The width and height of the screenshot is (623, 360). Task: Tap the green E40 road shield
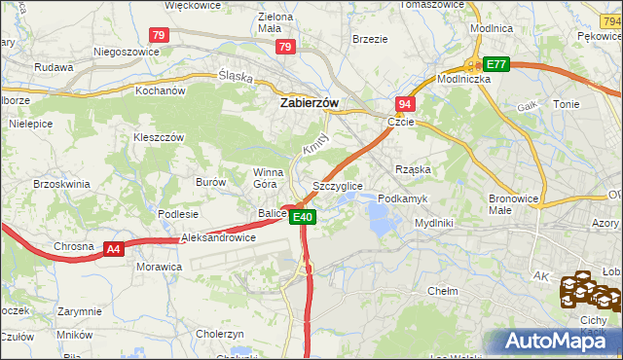(x=303, y=217)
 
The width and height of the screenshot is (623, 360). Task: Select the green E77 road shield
(x=497, y=64)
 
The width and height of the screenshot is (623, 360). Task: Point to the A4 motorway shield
(x=114, y=249)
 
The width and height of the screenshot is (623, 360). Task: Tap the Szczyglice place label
(x=338, y=185)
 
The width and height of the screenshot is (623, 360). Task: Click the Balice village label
(x=272, y=213)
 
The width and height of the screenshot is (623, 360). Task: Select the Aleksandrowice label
(x=219, y=237)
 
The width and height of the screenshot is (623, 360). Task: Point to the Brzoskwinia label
(x=61, y=183)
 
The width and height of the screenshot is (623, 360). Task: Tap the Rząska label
(x=413, y=169)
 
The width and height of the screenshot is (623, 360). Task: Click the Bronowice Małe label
(x=513, y=203)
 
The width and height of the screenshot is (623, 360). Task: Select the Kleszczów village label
(x=159, y=138)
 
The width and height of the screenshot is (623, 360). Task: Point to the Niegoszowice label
(x=126, y=52)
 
